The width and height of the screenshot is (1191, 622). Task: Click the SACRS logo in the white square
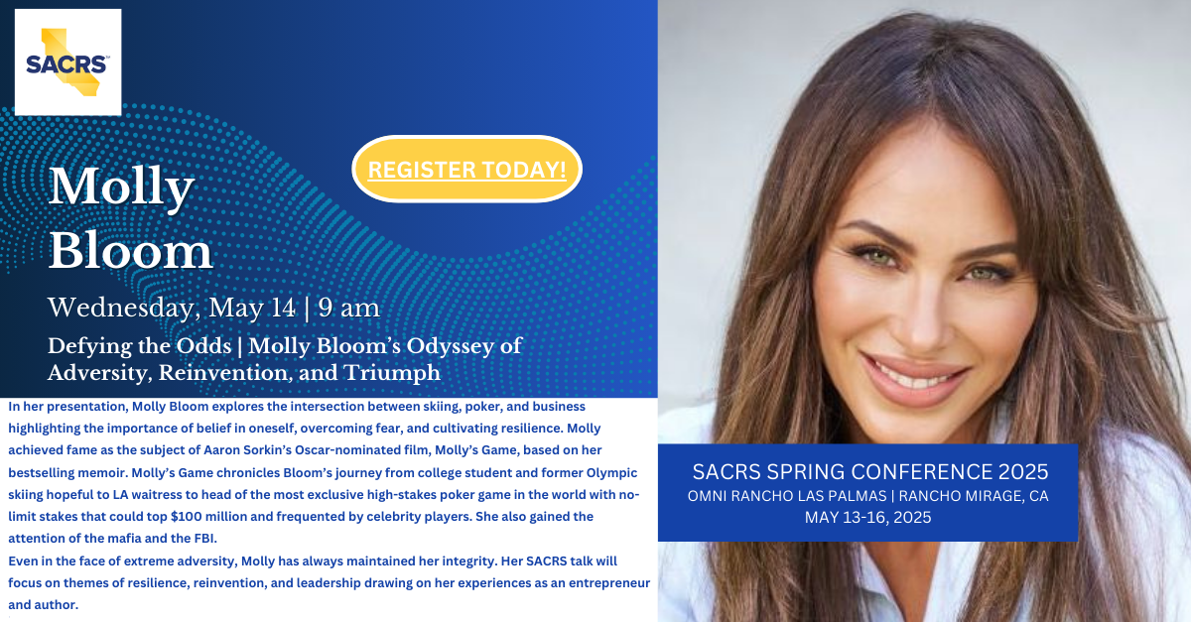pyautogui.click(x=67, y=62)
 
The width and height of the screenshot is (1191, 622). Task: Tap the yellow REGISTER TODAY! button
pyautogui.click(x=466, y=169)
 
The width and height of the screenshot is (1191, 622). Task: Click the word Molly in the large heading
pyautogui.click(x=121, y=187)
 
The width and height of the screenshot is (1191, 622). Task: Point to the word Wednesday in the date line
pyautogui.click(x=121, y=309)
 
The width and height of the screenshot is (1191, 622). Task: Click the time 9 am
pyautogui.click(x=348, y=309)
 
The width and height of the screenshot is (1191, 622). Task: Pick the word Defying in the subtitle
pyautogui.click(x=89, y=347)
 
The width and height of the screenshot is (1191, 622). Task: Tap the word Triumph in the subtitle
pyautogui.click(x=392, y=373)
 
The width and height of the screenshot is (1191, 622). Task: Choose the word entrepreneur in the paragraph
pyautogui.click(x=609, y=583)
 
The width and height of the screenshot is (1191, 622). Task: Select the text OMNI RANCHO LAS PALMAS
pyautogui.click(x=787, y=496)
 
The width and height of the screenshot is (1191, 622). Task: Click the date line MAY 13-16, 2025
pyautogui.click(x=867, y=517)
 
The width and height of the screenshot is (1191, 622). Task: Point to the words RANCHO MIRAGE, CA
pyautogui.click(x=974, y=496)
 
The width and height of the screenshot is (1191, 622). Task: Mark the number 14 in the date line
pyautogui.click(x=282, y=308)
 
